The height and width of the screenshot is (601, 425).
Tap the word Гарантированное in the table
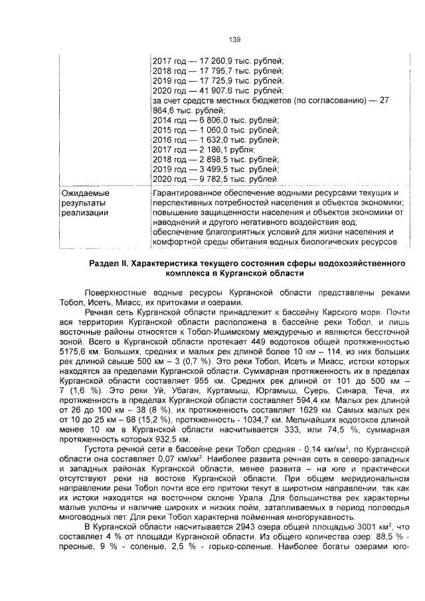tap(188, 193)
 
